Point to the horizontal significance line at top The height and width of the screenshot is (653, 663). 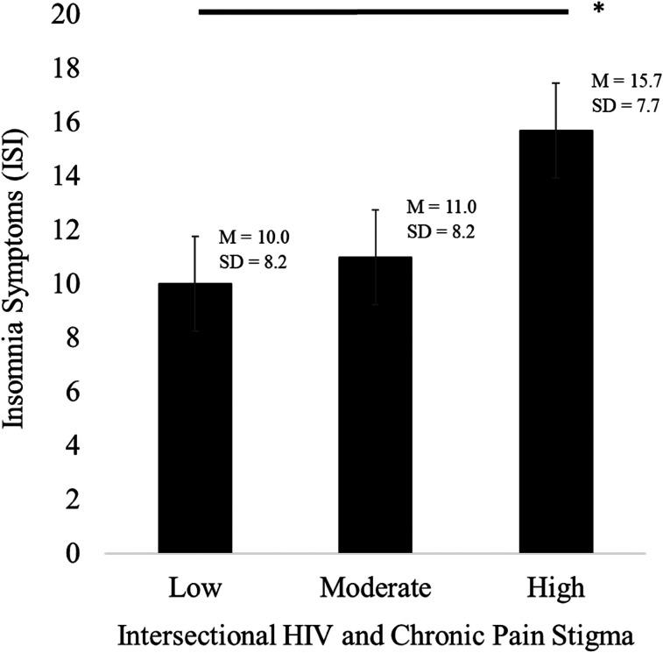(384, 12)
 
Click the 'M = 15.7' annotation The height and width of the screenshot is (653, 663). (626, 82)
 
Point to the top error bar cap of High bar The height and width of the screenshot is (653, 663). (555, 82)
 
